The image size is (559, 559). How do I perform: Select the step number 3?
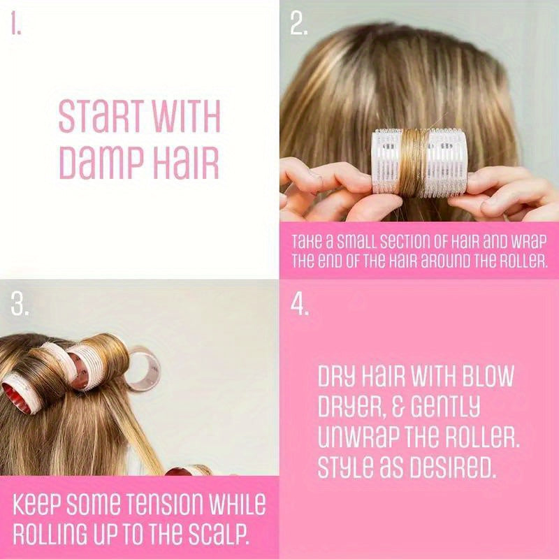20,304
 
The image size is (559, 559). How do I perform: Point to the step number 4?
300,305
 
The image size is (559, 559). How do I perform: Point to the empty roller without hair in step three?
145,368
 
